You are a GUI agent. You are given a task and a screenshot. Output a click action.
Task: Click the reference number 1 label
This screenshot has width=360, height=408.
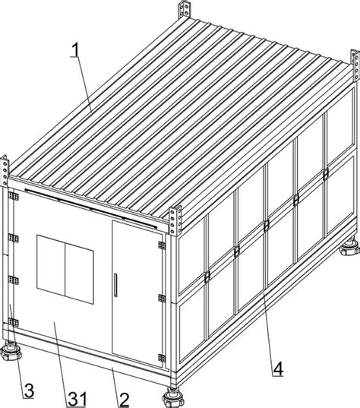coord(76,49)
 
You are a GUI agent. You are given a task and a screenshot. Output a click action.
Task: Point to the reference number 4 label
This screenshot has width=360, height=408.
coord(278,368)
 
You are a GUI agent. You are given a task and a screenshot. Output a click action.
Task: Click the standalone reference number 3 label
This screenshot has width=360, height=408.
coord(29,391)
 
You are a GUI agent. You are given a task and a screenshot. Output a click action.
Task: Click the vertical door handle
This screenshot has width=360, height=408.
coord(115,285)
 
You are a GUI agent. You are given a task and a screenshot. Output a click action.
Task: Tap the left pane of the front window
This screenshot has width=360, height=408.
coord(51,264)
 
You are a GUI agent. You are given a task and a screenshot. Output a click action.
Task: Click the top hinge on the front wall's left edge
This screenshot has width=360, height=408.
coord(13,196)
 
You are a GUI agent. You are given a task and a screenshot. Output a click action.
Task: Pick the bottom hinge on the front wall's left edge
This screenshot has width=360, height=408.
coord(13,322)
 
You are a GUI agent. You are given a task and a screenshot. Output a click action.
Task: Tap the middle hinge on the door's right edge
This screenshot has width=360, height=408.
coord(162,298)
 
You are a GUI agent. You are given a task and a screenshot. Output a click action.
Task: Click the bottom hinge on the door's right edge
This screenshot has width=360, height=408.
coord(162,358)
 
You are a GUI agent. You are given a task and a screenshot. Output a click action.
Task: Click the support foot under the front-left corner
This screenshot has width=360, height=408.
coord(11,350)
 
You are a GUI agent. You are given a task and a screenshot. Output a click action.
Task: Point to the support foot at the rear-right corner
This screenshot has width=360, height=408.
coord(350,247)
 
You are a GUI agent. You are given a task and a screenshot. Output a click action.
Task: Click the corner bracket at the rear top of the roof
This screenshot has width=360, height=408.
coord(185,10)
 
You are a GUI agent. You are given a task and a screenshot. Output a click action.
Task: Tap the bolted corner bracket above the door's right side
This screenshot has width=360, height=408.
coord(175,220)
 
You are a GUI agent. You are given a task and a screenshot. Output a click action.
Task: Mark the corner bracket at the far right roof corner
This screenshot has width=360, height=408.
coord(355,65)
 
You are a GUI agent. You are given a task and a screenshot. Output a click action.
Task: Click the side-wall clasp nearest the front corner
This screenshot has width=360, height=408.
coord(207,277)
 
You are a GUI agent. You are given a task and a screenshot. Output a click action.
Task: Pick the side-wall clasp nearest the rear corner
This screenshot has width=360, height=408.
coord(326,174)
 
